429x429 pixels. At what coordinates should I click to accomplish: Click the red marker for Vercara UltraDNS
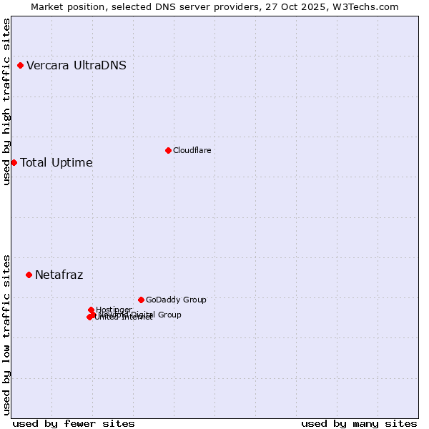coord(21,66)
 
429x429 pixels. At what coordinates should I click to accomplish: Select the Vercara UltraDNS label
coord(77,66)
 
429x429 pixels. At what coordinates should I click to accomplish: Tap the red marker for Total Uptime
coord(14,162)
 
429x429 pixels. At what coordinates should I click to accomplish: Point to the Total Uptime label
coord(56,162)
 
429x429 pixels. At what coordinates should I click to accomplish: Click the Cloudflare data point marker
coord(168,150)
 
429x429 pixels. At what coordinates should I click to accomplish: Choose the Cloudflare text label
coord(192,150)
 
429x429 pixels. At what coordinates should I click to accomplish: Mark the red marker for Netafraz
coord(29,275)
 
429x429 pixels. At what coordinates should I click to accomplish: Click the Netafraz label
coord(59,275)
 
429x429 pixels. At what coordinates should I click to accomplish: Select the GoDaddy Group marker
coord(141,300)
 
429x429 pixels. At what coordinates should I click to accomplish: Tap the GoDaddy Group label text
coord(176,300)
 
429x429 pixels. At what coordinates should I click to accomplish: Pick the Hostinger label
coord(114,309)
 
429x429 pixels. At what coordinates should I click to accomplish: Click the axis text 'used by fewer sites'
coord(74,423)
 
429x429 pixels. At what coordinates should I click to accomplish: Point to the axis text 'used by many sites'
coord(359,423)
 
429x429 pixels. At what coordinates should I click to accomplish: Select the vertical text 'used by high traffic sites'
coord(6,102)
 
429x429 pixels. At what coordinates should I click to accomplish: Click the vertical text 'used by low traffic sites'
coord(6,334)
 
